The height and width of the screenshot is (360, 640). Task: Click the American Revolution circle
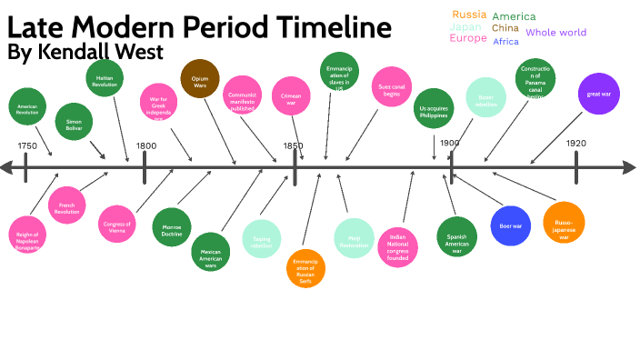(26, 107)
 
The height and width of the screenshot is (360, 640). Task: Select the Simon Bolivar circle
(74, 122)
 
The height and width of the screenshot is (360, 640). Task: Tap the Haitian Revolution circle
(105, 80)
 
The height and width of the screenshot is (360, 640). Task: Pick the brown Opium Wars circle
(200, 79)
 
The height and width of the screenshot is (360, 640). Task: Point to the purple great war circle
(598, 95)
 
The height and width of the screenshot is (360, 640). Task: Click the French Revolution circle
(66, 205)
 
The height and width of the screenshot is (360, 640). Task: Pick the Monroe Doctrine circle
(172, 226)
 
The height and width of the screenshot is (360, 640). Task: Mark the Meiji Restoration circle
(354, 239)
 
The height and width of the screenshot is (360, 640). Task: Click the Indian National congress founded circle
(397, 245)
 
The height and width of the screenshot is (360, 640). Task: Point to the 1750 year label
(27, 146)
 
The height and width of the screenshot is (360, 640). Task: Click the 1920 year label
(575, 144)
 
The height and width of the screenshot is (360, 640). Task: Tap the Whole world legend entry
(555, 33)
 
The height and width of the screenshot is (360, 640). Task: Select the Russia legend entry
(469, 15)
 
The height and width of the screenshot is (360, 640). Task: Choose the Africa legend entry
(505, 42)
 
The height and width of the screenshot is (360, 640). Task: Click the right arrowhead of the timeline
(628, 167)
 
